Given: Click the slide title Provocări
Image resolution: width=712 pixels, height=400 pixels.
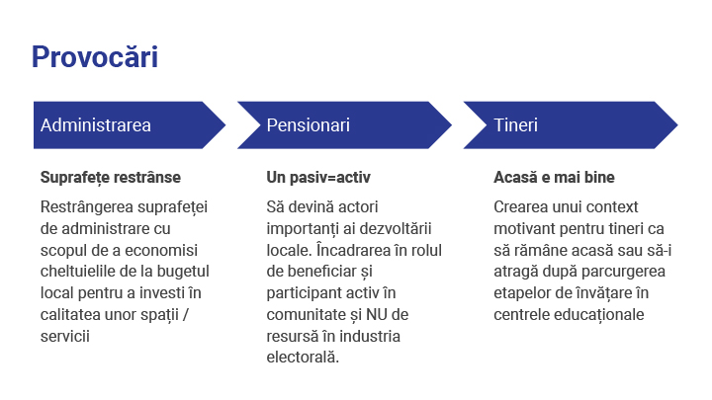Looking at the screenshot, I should tap(95, 56).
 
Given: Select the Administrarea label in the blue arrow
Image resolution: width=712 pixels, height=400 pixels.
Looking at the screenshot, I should tap(96, 125).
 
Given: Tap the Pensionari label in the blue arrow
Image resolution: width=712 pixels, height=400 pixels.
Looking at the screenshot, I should tap(309, 125).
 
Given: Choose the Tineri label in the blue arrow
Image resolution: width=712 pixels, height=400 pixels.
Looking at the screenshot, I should tap(516, 125).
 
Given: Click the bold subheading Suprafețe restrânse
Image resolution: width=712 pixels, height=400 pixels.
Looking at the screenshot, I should tap(111, 178).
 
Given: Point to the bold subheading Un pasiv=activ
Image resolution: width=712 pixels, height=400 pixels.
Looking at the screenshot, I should tap(318, 178).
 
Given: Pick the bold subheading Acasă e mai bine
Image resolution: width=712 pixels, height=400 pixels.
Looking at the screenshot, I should tap(554, 178).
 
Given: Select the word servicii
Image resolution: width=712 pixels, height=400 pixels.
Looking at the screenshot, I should tap(65, 337).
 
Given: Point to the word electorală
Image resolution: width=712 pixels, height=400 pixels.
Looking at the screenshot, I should tap(303, 359).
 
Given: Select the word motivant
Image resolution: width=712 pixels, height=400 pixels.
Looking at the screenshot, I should tap(527, 228).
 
